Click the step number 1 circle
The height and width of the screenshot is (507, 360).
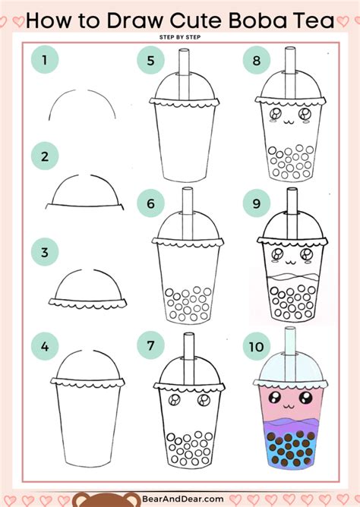[45, 59]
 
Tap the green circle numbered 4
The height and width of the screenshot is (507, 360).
[45, 346]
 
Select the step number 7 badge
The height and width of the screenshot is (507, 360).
[150, 345]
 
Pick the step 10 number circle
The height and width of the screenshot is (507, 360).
[257, 347]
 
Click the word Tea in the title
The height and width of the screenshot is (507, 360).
[313, 20]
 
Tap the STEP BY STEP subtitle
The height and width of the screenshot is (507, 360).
[180, 37]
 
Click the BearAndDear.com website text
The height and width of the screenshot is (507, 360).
[183, 499]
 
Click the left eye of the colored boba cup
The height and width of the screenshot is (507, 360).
[274, 397]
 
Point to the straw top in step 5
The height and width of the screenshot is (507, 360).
[184, 51]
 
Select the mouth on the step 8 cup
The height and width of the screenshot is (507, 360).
[289, 121]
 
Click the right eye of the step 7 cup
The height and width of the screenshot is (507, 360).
[204, 400]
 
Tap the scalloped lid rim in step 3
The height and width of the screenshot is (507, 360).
[87, 303]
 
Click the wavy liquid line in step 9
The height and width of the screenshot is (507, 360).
[293, 277]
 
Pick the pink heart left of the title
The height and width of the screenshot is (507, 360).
[18, 21]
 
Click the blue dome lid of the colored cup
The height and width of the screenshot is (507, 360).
[290, 367]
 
